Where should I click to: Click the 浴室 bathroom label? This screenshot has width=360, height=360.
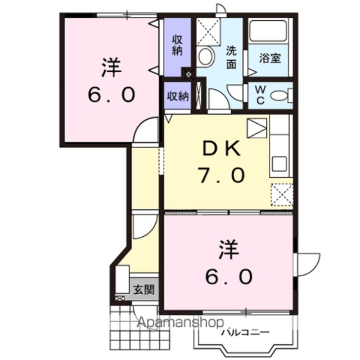pyautogui.click(x=270, y=58)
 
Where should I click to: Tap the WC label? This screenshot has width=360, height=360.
pyautogui.click(x=260, y=95)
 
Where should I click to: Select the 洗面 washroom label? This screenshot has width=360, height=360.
pyautogui.click(x=231, y=57)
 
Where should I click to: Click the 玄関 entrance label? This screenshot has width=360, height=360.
pyautogui.click(x=144, y=290)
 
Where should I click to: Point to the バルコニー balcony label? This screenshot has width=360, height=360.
pyautogui.click(x=245, y=332)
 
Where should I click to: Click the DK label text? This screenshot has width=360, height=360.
pyautogui.click(x=221, y=148)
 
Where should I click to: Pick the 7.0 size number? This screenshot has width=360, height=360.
pyautogui.click(x=221, y=175)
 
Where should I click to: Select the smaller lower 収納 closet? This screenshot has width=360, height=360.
pyautogui.click(x=178, y=96)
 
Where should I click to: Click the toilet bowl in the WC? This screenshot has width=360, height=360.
pyautogui.click(x=279, y=95)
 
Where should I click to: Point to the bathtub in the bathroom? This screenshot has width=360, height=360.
pyautogui.click(x=268, y=31)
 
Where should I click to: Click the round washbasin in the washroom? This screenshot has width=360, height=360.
pyautogui.click(x=205, y=56)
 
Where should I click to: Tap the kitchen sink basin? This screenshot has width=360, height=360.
pyautogui.click(x=279, y=164)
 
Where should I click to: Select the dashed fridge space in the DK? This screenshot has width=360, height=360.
pyautogui.click(x=282, y=195)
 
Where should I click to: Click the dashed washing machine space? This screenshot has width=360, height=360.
pyautogui.click(x=208, y=31)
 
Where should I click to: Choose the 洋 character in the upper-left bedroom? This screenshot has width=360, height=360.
pyautogui.click(x=111, y=67)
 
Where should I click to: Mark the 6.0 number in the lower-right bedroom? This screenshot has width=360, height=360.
pyautogui.click(x=229, y=276)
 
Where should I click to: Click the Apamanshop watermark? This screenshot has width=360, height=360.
pyautogui.click(x=181, y=322)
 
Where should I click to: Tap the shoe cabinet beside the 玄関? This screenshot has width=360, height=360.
pyautogui.click(x=123, y=280)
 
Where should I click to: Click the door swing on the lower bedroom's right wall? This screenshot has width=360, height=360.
pyautogui.click(x=308, y=265)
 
